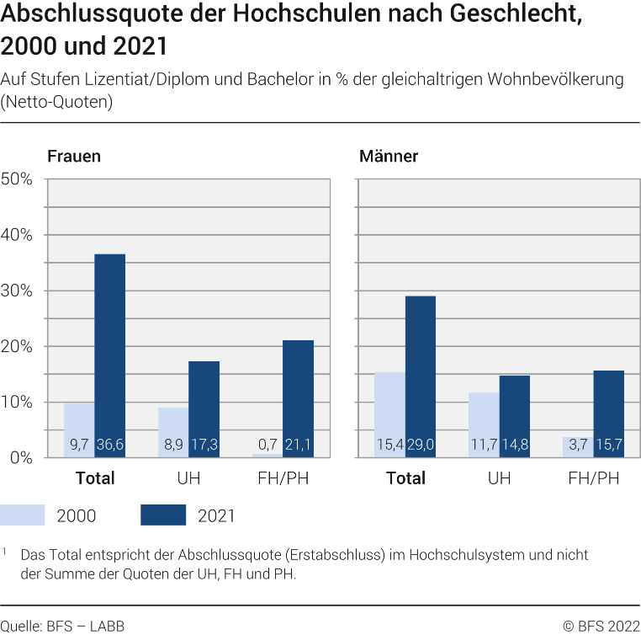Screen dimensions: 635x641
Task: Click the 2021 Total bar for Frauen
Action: click(109, 354)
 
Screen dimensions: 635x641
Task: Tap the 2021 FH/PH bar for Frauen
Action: click(298, 396)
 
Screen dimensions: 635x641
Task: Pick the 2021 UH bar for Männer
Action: click(515, 413)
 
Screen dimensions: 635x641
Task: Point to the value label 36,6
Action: click(110, 444)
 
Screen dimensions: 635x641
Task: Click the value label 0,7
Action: click(268, 444)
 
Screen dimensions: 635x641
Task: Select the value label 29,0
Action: click(421, 444)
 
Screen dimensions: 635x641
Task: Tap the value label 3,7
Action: click(578, 444)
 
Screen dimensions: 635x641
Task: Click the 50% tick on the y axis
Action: click(17, 179)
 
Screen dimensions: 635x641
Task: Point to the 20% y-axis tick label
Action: click(17, 346)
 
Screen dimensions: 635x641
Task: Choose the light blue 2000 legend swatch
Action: click(23, 515)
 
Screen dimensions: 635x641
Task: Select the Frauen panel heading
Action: click(74, 157)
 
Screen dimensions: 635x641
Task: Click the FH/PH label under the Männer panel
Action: click(593, 478)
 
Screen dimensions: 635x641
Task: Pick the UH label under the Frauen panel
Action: click(188, 478)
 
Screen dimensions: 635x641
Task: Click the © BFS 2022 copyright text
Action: click(601, 625)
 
